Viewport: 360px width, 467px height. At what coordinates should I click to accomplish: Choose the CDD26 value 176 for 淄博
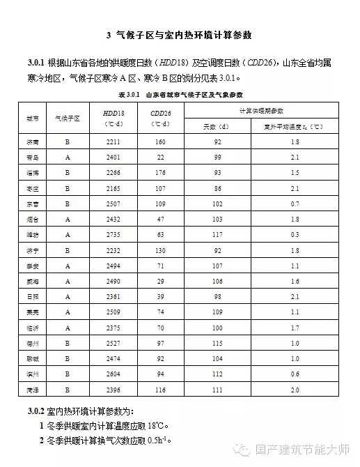(161, 172)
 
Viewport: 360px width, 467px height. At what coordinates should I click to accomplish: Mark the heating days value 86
(218, 187)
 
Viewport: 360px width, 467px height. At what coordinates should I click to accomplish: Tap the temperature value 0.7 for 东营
(295, 203)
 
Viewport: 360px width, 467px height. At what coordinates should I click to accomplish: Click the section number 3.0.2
(36, 409)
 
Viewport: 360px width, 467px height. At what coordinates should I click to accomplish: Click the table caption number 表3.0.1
(130, 93)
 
